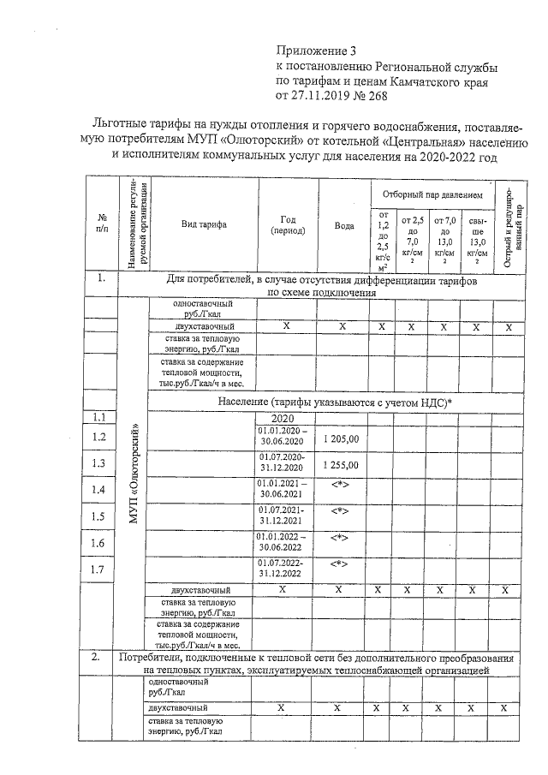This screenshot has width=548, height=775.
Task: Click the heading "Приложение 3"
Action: pyautogui.click(x=318, y=51)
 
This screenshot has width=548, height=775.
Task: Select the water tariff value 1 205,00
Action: pyautogui.click(x=342, y=438)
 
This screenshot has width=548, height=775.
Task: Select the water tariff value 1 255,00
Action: pyautogui.click(x=342, y=465)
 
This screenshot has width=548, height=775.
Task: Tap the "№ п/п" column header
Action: pyautogui.click(x=102, y=224)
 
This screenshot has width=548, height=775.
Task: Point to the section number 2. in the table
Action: pyautogui.click(x=100, y=658)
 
